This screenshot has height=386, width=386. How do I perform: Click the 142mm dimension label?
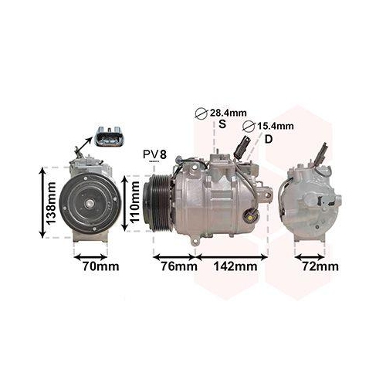point(234,267)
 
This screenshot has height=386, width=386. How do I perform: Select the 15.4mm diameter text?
point(276,126)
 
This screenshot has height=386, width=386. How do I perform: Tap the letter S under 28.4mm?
point(223,124)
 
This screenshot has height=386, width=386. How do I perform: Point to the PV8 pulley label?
point(154,154)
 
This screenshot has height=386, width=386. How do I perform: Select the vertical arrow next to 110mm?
point(123,205)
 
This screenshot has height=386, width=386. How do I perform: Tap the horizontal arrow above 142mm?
point(233,256)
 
